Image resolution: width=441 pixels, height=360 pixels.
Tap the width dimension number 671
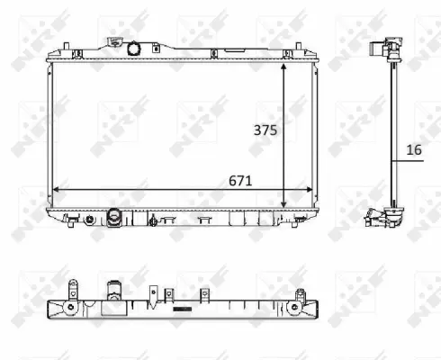239,180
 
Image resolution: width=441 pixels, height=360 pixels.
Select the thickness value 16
413,150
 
